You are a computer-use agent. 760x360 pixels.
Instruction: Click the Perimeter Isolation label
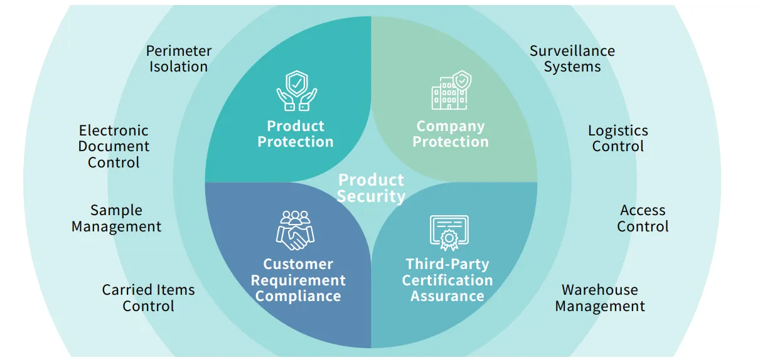(x=179, y=59)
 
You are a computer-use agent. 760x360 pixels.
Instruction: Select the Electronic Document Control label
(x=114, y=147)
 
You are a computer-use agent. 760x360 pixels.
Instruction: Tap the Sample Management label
(x=116, y=218)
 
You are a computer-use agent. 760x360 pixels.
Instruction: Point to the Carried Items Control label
(x=148, y=298)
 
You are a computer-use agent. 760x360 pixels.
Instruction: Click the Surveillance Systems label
(x=572, y=59)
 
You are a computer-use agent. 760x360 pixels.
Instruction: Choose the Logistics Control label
(x=618, y=139)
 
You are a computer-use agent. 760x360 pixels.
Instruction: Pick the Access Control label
(x=643, y=218)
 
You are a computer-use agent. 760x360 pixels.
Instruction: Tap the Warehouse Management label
(x=600, y=298)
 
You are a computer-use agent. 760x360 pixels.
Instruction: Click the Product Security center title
(x=371, y=188)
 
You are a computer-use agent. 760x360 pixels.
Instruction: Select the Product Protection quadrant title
(x=296, y=134)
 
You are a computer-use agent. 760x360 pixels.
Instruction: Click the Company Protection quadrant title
(x=451, y=134)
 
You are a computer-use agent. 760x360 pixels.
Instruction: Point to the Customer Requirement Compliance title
(x=298, y=280)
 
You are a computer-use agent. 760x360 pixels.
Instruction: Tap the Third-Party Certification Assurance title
(x=447, y=280)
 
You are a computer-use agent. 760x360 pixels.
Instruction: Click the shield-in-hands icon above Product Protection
(x=296, y=91)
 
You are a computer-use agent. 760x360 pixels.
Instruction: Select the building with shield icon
(x=451, y=90)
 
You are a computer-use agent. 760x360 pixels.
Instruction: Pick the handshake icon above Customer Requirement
(x=296, y=230)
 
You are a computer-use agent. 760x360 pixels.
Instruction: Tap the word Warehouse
(x=600, y=290)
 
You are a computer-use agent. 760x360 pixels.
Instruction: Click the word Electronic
(x=114, y=130)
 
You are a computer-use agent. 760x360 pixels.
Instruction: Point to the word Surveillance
(x=572, y=51)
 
